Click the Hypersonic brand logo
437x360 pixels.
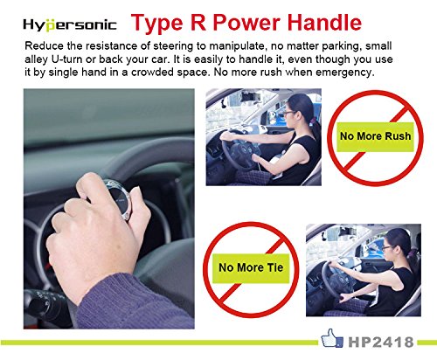click(x=70, y=24)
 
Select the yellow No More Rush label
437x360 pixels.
click(x=375, y=136)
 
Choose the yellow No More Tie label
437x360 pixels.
click(x=251, y=268)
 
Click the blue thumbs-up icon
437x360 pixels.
click(x=332, y=338)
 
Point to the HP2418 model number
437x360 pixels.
click(x=381, y=342)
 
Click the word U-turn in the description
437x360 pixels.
click(x=66, y=59)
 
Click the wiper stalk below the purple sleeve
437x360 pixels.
click(x=45, y=304)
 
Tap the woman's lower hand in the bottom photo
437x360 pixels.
click(x=346, y=299)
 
